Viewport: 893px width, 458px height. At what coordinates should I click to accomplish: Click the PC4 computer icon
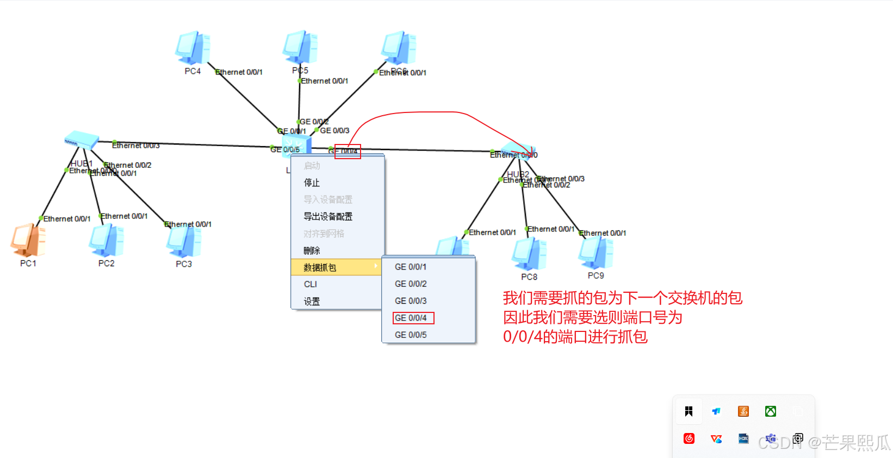tap(193, 48)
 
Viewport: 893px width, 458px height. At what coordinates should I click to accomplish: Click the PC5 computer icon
tap(300, 47)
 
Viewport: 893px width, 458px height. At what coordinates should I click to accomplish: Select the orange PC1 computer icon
tap(28, 240)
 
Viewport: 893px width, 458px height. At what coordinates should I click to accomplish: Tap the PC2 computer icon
tap(106, 241)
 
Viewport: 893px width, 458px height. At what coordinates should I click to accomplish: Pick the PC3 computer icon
tap(184, 242)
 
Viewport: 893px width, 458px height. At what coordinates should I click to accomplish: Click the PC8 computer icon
tap(529, 254)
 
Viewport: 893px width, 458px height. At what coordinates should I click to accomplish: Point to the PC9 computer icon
tap(596, 253)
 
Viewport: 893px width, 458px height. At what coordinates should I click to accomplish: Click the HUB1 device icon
tap(81, 140)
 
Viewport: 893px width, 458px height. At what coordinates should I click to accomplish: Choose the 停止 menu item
tap(312, 183)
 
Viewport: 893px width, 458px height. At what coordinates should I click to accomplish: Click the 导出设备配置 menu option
tap(328, 216)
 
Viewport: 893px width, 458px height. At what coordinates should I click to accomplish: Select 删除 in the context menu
tap(312, 250)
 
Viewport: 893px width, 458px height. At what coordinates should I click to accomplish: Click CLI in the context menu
tap(311, 284)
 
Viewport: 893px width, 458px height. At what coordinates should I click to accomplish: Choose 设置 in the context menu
tap(312, 302)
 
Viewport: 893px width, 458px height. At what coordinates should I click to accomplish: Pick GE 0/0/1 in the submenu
tap(411, 267)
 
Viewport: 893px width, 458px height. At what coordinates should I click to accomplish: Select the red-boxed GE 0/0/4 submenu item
tap(411, 318)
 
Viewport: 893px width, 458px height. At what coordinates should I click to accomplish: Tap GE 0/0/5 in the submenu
tap(411, 335)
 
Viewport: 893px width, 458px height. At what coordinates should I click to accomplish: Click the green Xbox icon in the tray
tap(771, 411)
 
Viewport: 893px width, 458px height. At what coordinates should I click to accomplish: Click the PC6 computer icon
tap(399, 48)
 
